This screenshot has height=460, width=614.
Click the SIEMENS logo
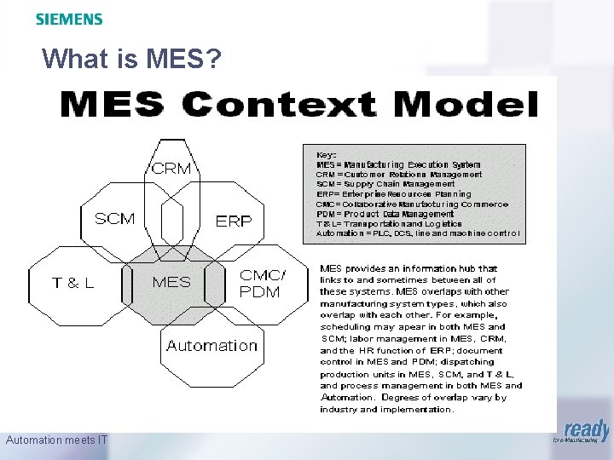pos(69,19)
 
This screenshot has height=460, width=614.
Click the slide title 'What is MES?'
pos(131,59)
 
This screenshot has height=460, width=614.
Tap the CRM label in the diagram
pos(171,169)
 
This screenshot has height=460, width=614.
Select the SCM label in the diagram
pos(114,219)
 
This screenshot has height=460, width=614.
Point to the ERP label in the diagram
pos(234,221)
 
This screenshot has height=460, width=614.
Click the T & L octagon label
pos(73,283)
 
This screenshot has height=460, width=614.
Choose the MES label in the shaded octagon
pos(171,282)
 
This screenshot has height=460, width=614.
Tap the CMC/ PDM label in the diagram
pos(263,283)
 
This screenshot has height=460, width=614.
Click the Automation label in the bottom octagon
pos(211,346)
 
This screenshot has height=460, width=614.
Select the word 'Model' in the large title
pos(462,106)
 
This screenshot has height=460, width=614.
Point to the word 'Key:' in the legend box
pos(327,155)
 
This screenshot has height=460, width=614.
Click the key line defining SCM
pos(385,184)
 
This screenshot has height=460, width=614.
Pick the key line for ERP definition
pos(392,194)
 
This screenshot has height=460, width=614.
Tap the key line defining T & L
pos(389,223)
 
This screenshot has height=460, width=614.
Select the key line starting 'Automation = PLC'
pos(417,233)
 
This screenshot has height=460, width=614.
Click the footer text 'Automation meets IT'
pos(56,440)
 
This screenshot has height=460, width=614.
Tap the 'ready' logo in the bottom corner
pos(587,432)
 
